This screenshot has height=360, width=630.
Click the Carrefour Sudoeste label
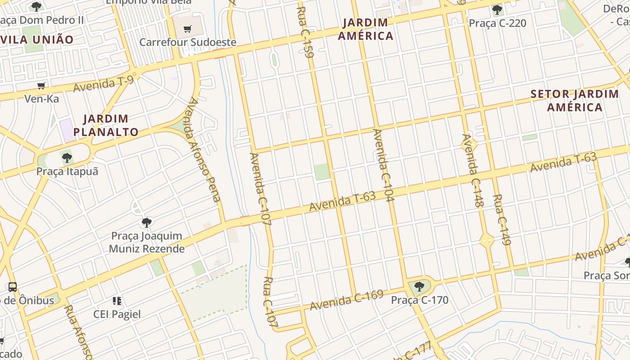tap(188, 42)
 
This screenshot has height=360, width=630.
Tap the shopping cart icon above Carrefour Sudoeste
tap(188, 29)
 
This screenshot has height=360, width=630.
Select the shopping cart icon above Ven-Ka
tap(41, 85)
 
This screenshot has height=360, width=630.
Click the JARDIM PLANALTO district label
tap(106, 126)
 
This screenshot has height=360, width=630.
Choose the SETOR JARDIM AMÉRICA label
tap(575, 101)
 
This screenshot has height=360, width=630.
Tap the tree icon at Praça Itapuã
tap(67, 158)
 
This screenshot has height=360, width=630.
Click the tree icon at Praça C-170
tap(419, 286)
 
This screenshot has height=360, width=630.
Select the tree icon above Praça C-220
tap(497, 9)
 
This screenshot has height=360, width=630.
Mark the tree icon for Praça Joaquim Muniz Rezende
tap(146, 222)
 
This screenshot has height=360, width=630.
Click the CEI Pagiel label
tap(117, 314)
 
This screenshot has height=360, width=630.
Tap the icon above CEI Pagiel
tap(117, 301)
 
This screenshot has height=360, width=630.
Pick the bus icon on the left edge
tap(13, 287)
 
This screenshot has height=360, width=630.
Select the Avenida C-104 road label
tap(383, 166)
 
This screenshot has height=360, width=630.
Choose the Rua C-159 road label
tap(305, 32)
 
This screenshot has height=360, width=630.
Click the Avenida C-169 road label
tap(346, 300)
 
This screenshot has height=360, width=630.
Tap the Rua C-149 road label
tap(502, 220)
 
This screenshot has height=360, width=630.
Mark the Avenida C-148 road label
tap(472, 171)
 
